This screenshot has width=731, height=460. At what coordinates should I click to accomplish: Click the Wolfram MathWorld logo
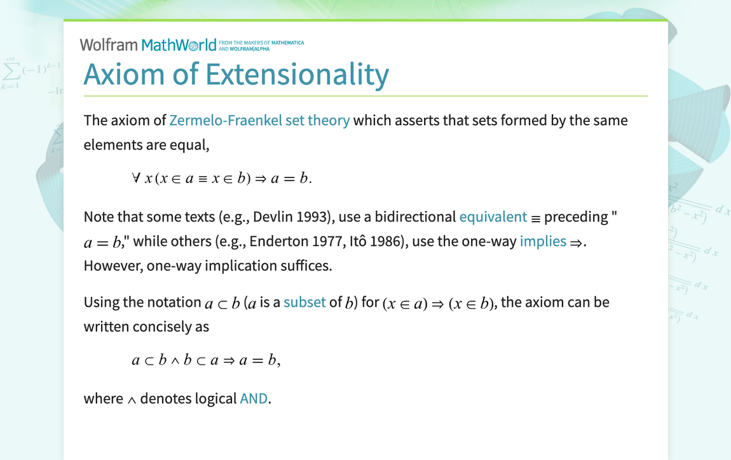coord(148,45)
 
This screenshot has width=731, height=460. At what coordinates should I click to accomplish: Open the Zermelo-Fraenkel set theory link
coord(259,120)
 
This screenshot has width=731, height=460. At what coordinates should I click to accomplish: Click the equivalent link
coord(493,217)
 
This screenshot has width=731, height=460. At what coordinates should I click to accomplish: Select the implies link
coord(543,241)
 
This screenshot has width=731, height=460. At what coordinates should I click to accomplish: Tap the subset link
coord(304,302)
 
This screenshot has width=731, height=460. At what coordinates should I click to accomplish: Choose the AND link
coord(254,398)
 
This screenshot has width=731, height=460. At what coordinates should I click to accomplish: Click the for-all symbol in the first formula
coord(136,179)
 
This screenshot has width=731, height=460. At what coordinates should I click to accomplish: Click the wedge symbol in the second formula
coord(172,361)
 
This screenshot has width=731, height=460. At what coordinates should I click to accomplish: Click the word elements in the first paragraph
coord(113,144)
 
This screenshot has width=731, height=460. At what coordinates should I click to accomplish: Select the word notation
coord(174,302)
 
